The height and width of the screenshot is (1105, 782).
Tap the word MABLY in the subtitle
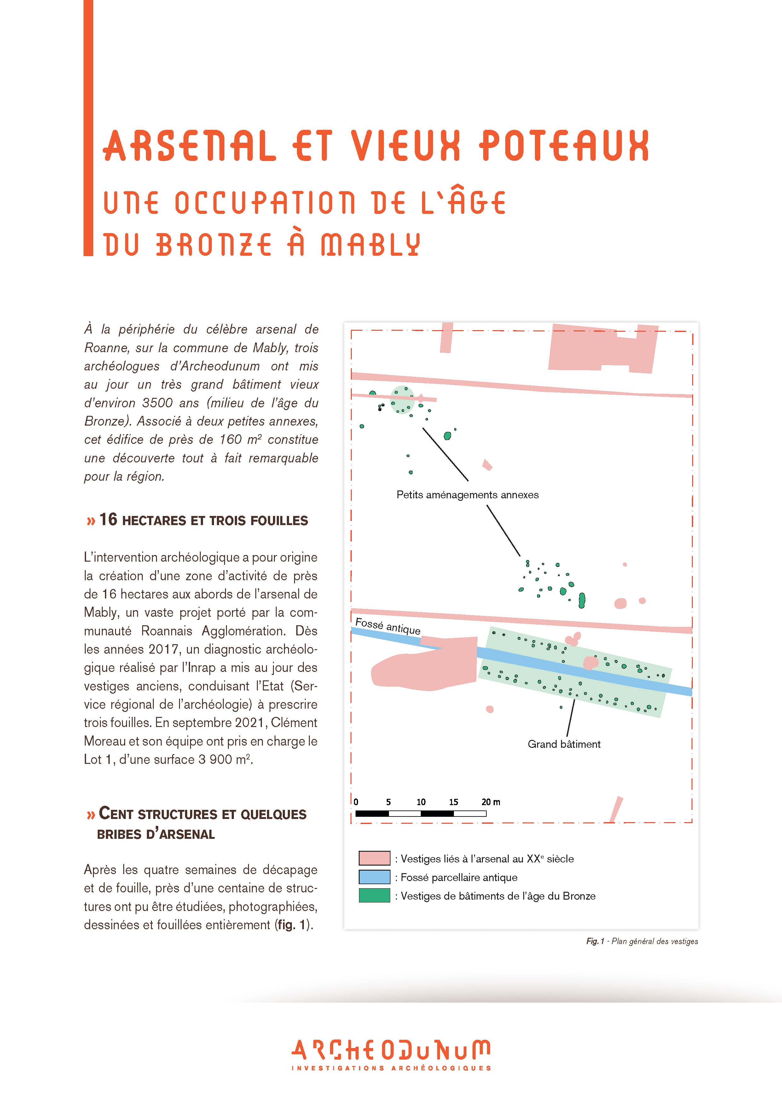(x=371, y=244)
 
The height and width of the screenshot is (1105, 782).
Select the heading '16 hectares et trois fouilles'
(x=197, y=520)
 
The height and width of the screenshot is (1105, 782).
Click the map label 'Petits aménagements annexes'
(x=467, y=495)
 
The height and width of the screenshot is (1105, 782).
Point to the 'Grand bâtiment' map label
(x=564, y=744)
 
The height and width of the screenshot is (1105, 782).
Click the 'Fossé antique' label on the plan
(x=388, y=626)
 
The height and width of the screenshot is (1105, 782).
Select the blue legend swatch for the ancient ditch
(x=374, y=877)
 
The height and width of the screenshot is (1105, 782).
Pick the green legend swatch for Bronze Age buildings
(x=374, y=896)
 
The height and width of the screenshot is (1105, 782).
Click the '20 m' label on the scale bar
(x=491, y=802)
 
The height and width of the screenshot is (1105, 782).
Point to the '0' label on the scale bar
(x=356, y=802)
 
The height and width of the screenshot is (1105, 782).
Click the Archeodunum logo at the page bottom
(x=391, y=1057)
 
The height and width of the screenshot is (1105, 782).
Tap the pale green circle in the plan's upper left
(x=402, y=399)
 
